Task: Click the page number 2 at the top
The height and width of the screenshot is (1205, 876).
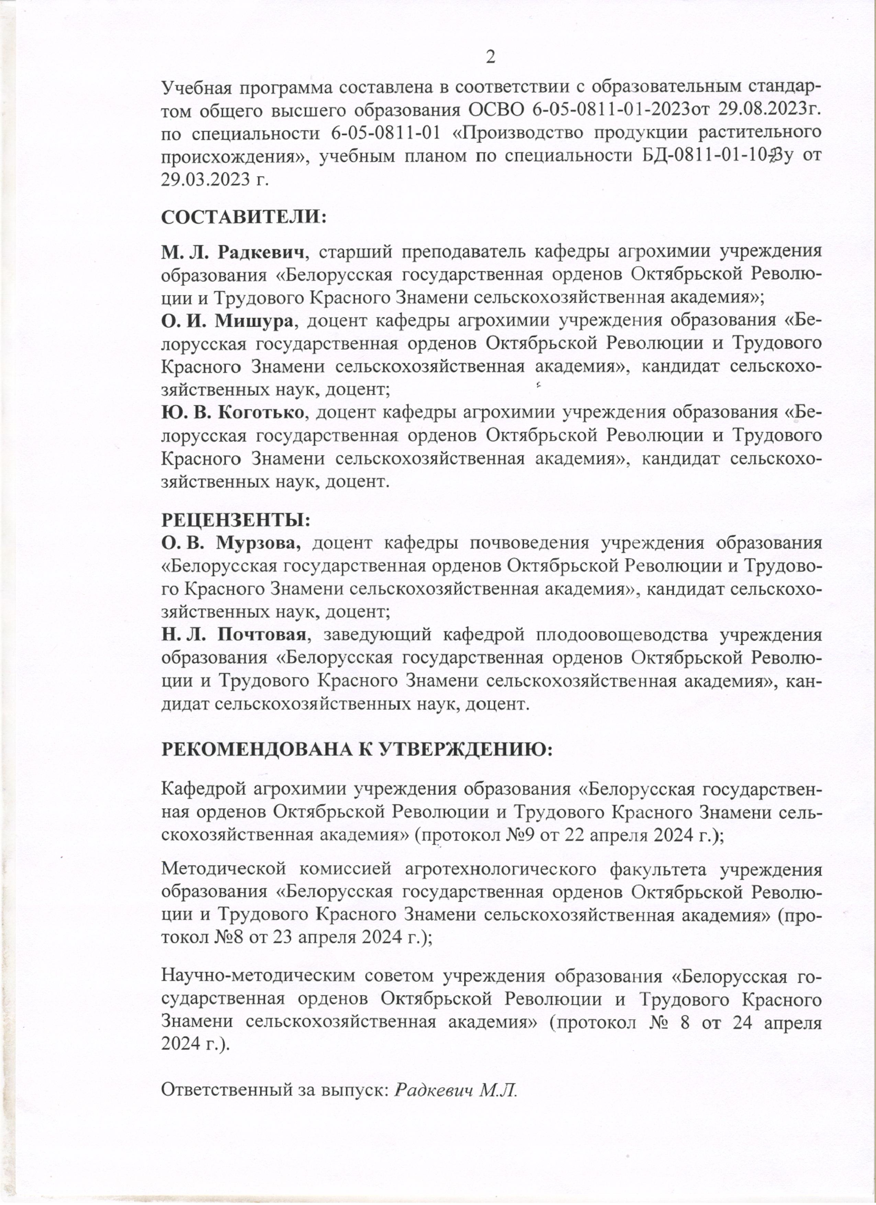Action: (490, 57)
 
